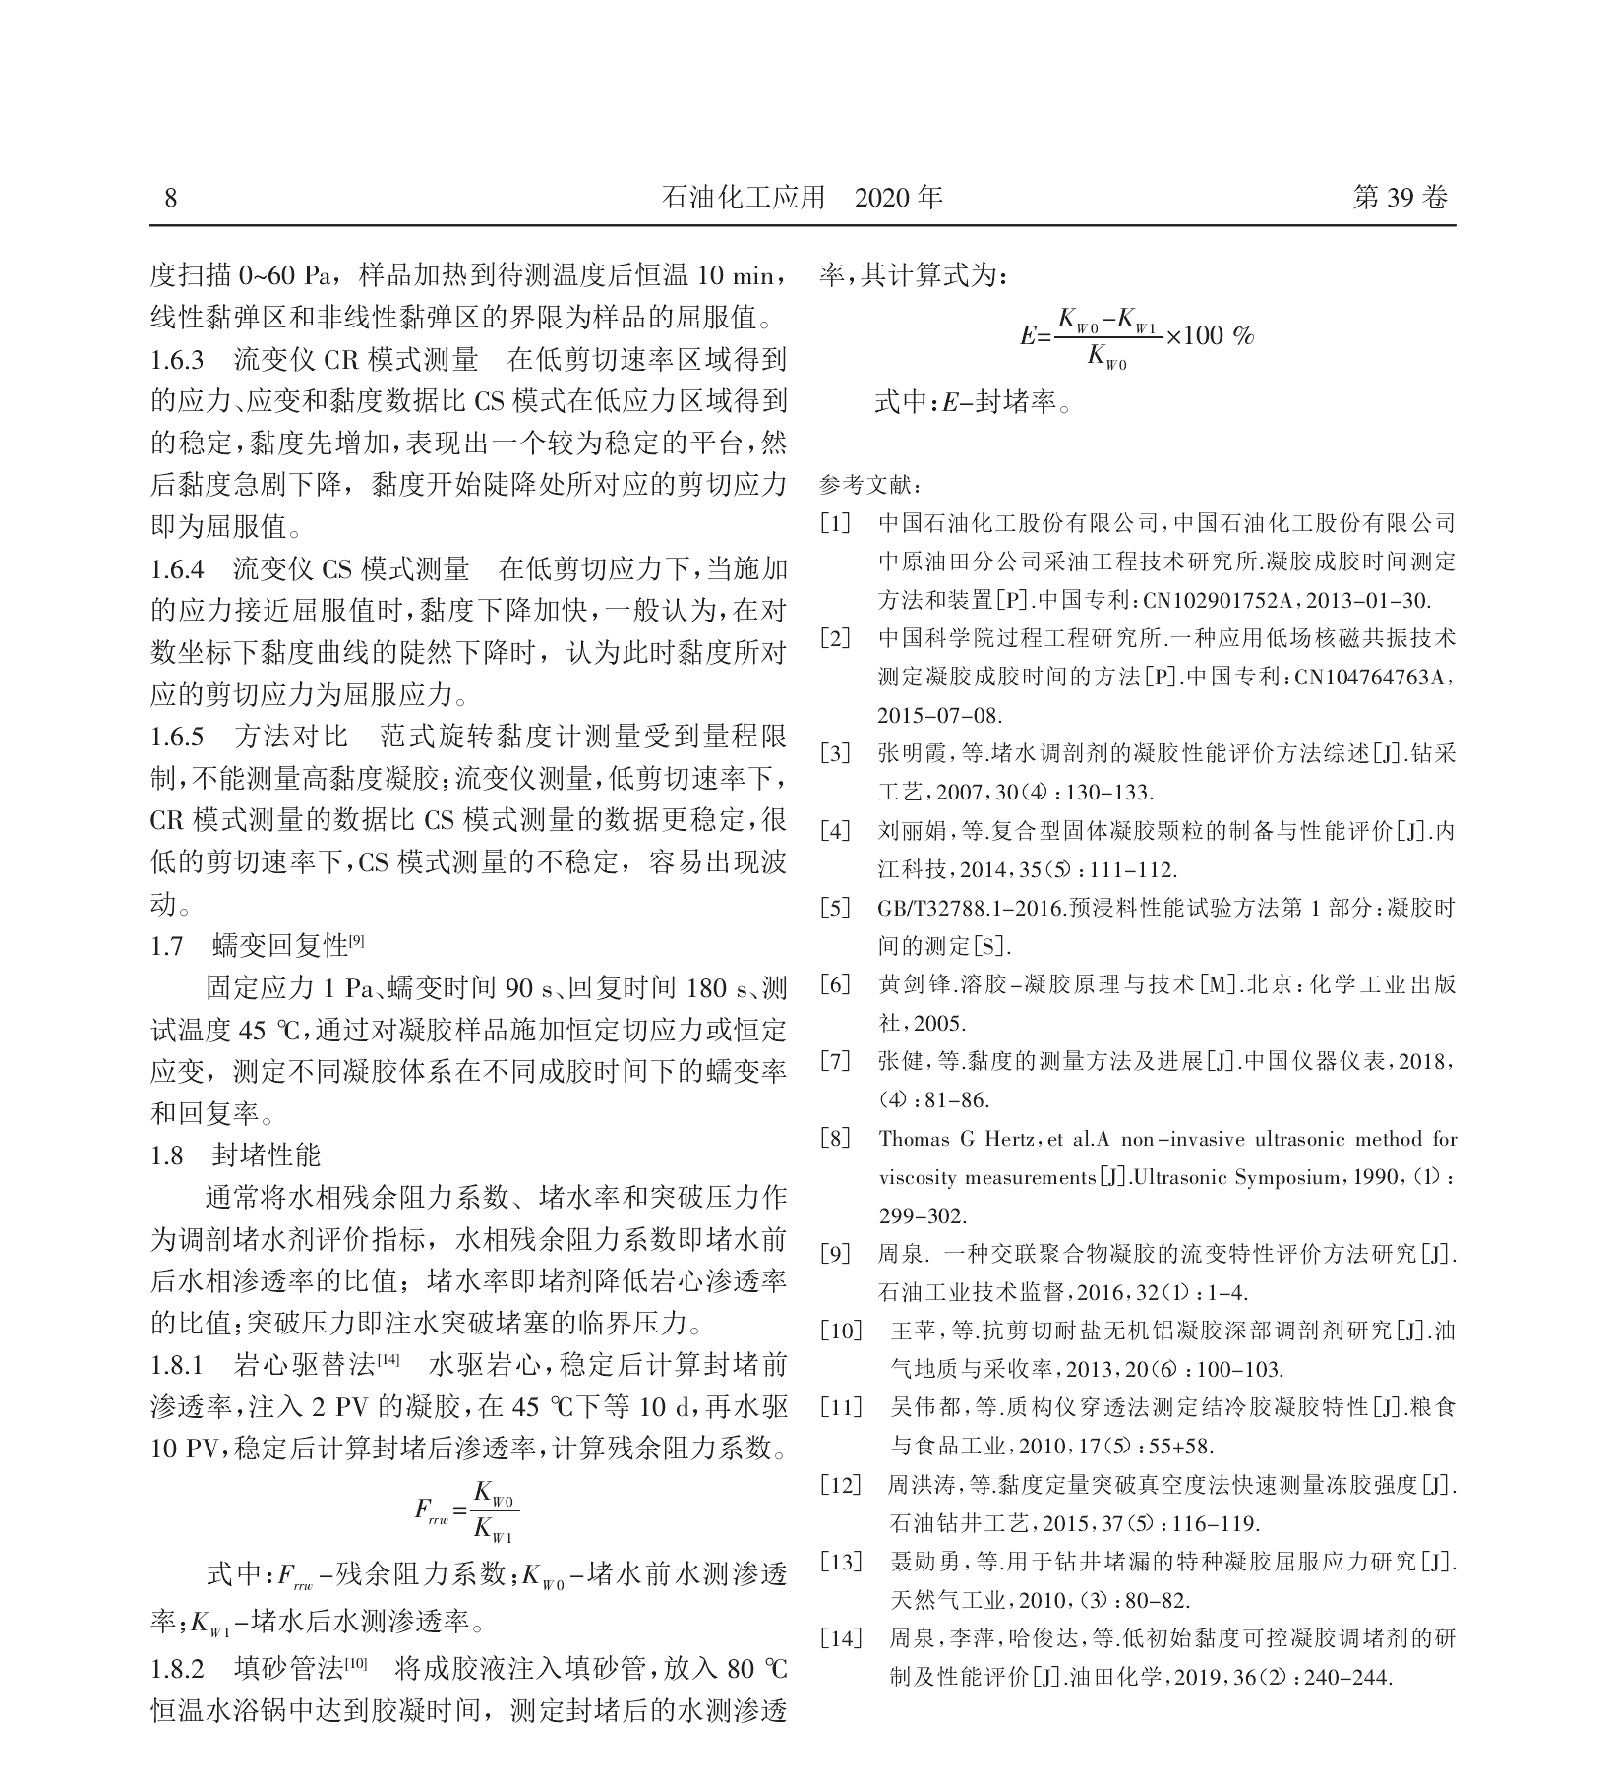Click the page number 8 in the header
(171, 199)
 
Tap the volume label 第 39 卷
(1401, 199)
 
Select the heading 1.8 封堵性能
(236, 1154)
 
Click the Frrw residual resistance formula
(467, 1510)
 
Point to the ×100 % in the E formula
(1210, 336)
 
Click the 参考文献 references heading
(870, 486)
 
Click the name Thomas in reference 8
(913, 1140)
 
